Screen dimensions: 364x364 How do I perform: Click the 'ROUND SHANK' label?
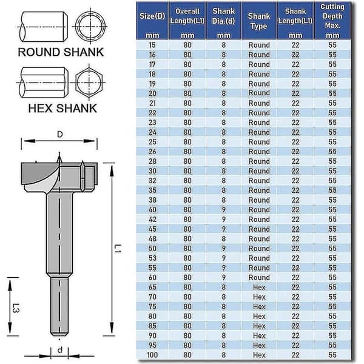tap(61, 52)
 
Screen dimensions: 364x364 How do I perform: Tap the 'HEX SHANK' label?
tap(62, 109)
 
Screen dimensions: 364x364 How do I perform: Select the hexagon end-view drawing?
tap(89, 83)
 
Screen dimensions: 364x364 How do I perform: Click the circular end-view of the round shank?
tap(90, 26)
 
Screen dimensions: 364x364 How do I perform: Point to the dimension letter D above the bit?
tap(60, 134)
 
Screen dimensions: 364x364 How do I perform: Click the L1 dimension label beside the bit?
tap(118, 248)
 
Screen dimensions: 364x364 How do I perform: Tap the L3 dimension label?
tap(16, 308)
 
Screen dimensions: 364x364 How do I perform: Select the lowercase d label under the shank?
tap(60, 349)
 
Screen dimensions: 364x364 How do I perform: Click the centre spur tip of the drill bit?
tap(59, 153)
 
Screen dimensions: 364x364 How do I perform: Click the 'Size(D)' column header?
tap(152, 16)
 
